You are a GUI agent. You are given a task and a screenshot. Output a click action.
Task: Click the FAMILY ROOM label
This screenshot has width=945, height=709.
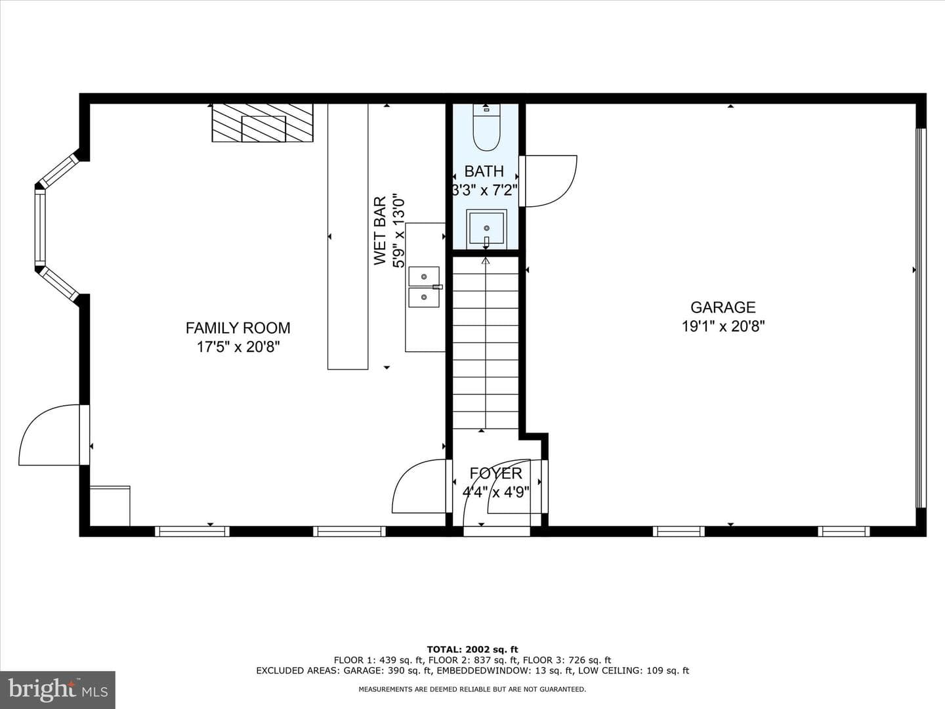click(238, 328)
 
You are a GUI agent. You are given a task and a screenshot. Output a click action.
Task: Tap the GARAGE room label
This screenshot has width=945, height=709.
click(723, 307)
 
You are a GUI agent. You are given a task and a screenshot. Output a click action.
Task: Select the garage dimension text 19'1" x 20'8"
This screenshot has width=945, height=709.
click(723, 326)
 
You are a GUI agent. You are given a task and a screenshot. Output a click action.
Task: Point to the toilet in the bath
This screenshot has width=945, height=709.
click(486, 127)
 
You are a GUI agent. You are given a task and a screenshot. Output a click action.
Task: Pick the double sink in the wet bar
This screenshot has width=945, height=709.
click(424, 287)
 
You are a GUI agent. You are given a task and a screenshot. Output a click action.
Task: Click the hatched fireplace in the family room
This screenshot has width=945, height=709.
click(262, 123)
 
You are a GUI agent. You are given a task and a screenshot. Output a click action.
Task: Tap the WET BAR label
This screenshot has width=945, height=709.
click(380, 230)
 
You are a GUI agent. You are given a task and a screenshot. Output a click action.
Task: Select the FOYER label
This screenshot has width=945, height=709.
click(495, 473)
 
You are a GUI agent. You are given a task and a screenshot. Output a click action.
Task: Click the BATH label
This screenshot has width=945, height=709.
click(484, 171)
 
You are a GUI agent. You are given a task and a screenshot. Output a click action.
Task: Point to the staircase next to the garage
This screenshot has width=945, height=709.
click(486, 343)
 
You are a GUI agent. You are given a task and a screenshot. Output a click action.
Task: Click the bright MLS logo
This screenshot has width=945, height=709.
click(58, 689)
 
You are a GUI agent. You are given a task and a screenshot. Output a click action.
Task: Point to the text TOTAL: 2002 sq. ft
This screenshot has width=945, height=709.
click(472, 649)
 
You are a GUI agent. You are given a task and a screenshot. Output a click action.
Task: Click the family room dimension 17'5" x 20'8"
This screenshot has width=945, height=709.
click(238, 347)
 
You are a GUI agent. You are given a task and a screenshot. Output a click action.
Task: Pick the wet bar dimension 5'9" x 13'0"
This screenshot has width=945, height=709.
click(398, 231)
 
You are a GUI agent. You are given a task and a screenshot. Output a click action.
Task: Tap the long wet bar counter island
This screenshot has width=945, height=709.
click(348, 236)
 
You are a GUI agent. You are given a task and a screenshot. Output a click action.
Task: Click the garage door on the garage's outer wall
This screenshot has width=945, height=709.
click(920, 318)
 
